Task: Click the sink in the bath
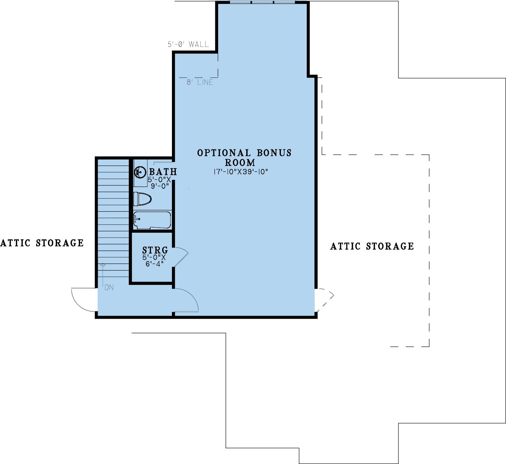click(140, 173)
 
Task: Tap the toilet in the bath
click(142, 199)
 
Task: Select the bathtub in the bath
click(152, 220)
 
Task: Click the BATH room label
click(163, 172)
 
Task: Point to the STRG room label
click(155, 250)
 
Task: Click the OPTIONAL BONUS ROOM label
click(244, 157)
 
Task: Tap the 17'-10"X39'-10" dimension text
click(241, 172)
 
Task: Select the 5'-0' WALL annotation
click(188, 44)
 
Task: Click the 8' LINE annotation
click(200, 82)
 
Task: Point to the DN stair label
click(109, 288)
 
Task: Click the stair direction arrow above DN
click(103, 275)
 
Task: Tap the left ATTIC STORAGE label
click(42, 243)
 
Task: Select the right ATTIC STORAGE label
click(372, 246)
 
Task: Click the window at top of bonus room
click(262, 2)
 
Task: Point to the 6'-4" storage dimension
click(155, 264)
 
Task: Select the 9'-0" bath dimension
click(160, 186)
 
